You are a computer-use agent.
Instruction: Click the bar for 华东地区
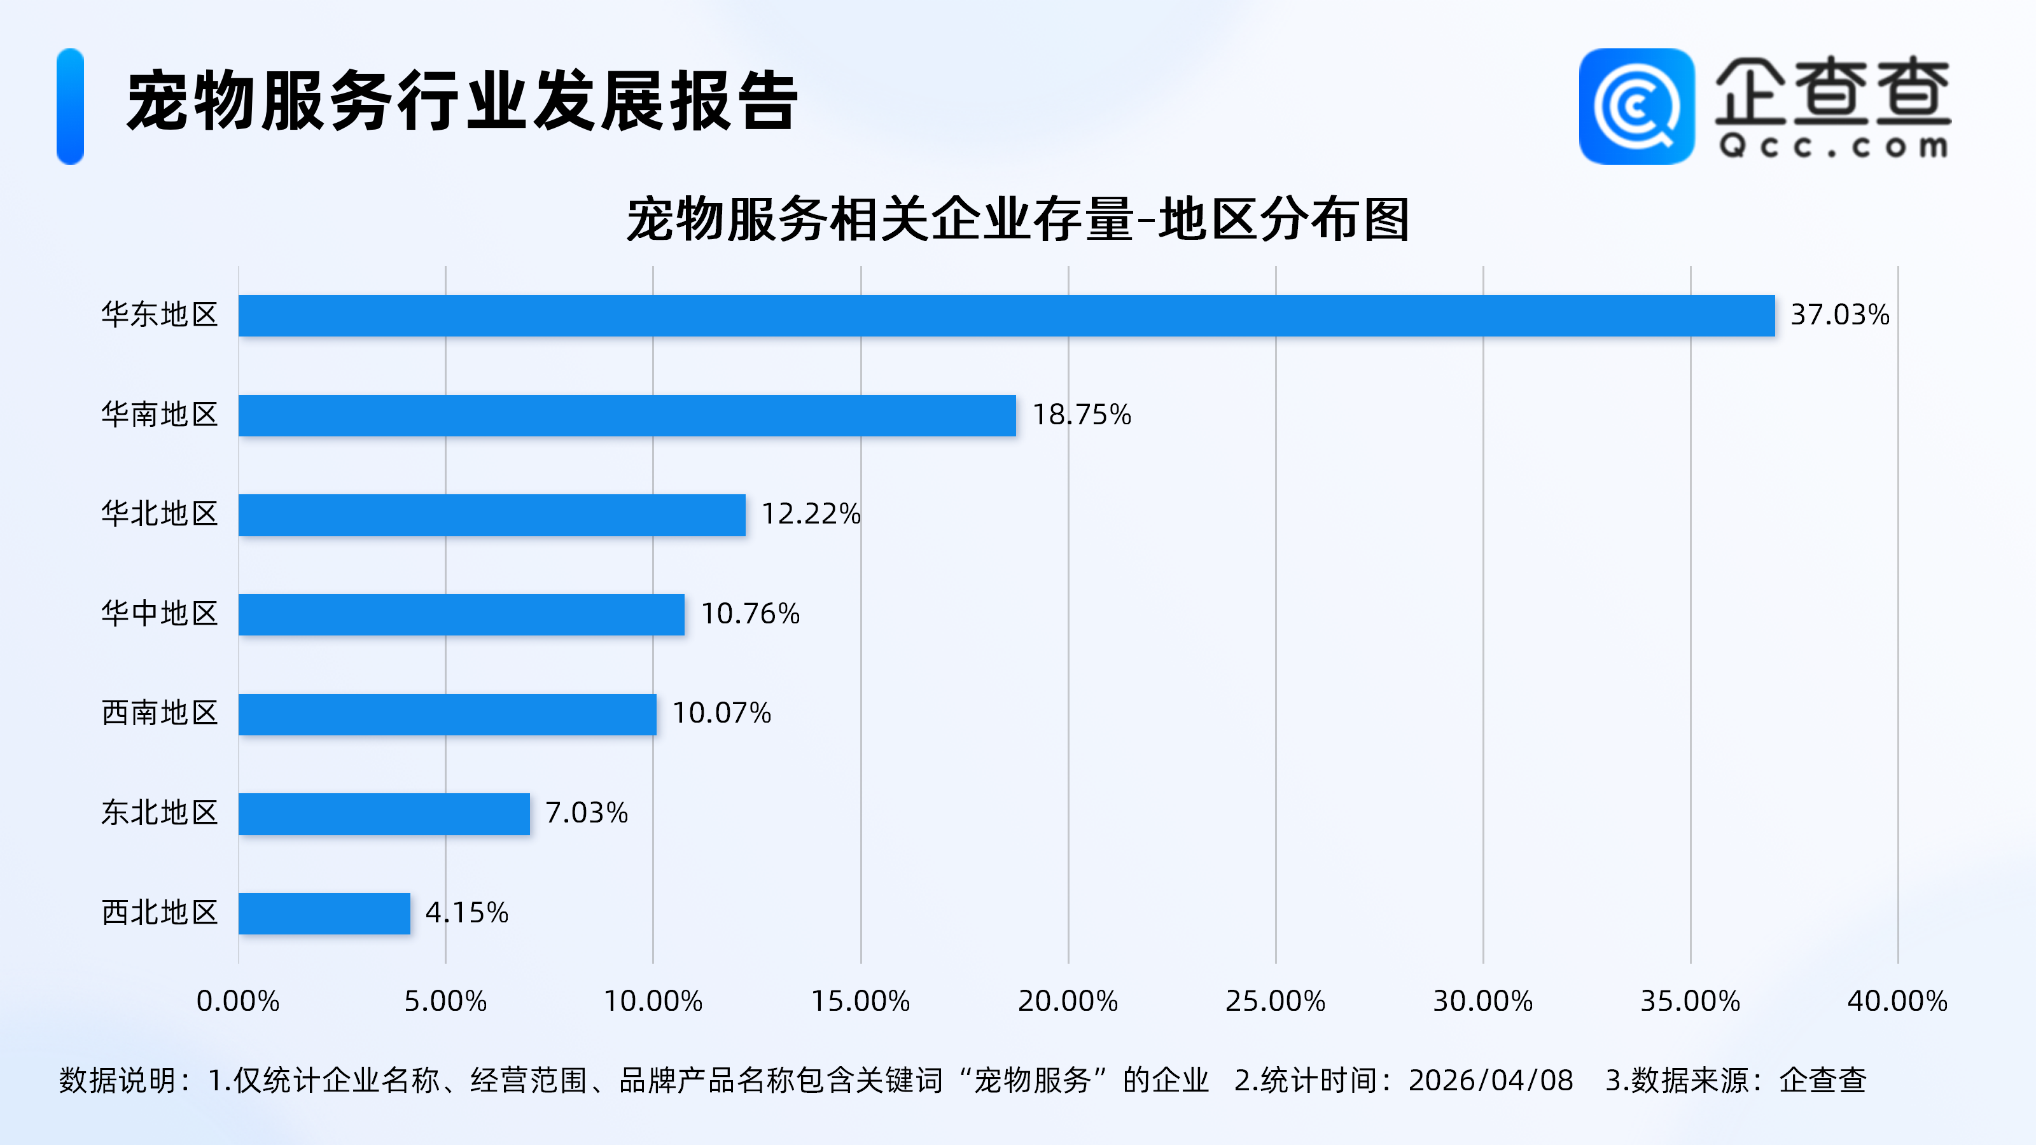(x=1006, y=316)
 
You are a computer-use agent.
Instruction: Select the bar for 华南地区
(x=627, y=415)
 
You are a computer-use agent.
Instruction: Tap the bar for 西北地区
(x=324, y=913)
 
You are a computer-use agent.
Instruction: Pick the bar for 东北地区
(x=384, y=814)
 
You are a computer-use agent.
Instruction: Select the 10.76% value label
(x=750, y=614)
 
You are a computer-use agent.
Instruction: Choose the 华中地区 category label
(x=160, y=614)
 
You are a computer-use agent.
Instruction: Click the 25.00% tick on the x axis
(x=1275, y=1001)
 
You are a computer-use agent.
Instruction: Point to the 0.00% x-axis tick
(x=238, y=1001)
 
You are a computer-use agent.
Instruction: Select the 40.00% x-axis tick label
(x=1897, y=1001)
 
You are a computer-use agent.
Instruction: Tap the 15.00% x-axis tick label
(x=861, y=1001)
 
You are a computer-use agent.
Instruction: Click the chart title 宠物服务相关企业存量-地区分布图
(x=1018, y=219)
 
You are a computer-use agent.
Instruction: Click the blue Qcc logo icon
(x=1636, y=107)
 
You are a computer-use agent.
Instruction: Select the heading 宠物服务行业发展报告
(x=463, y=101)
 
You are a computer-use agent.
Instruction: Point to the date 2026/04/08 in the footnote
(x=1491, y=1080)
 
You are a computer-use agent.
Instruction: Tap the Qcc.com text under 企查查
(x=1833, y=146)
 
